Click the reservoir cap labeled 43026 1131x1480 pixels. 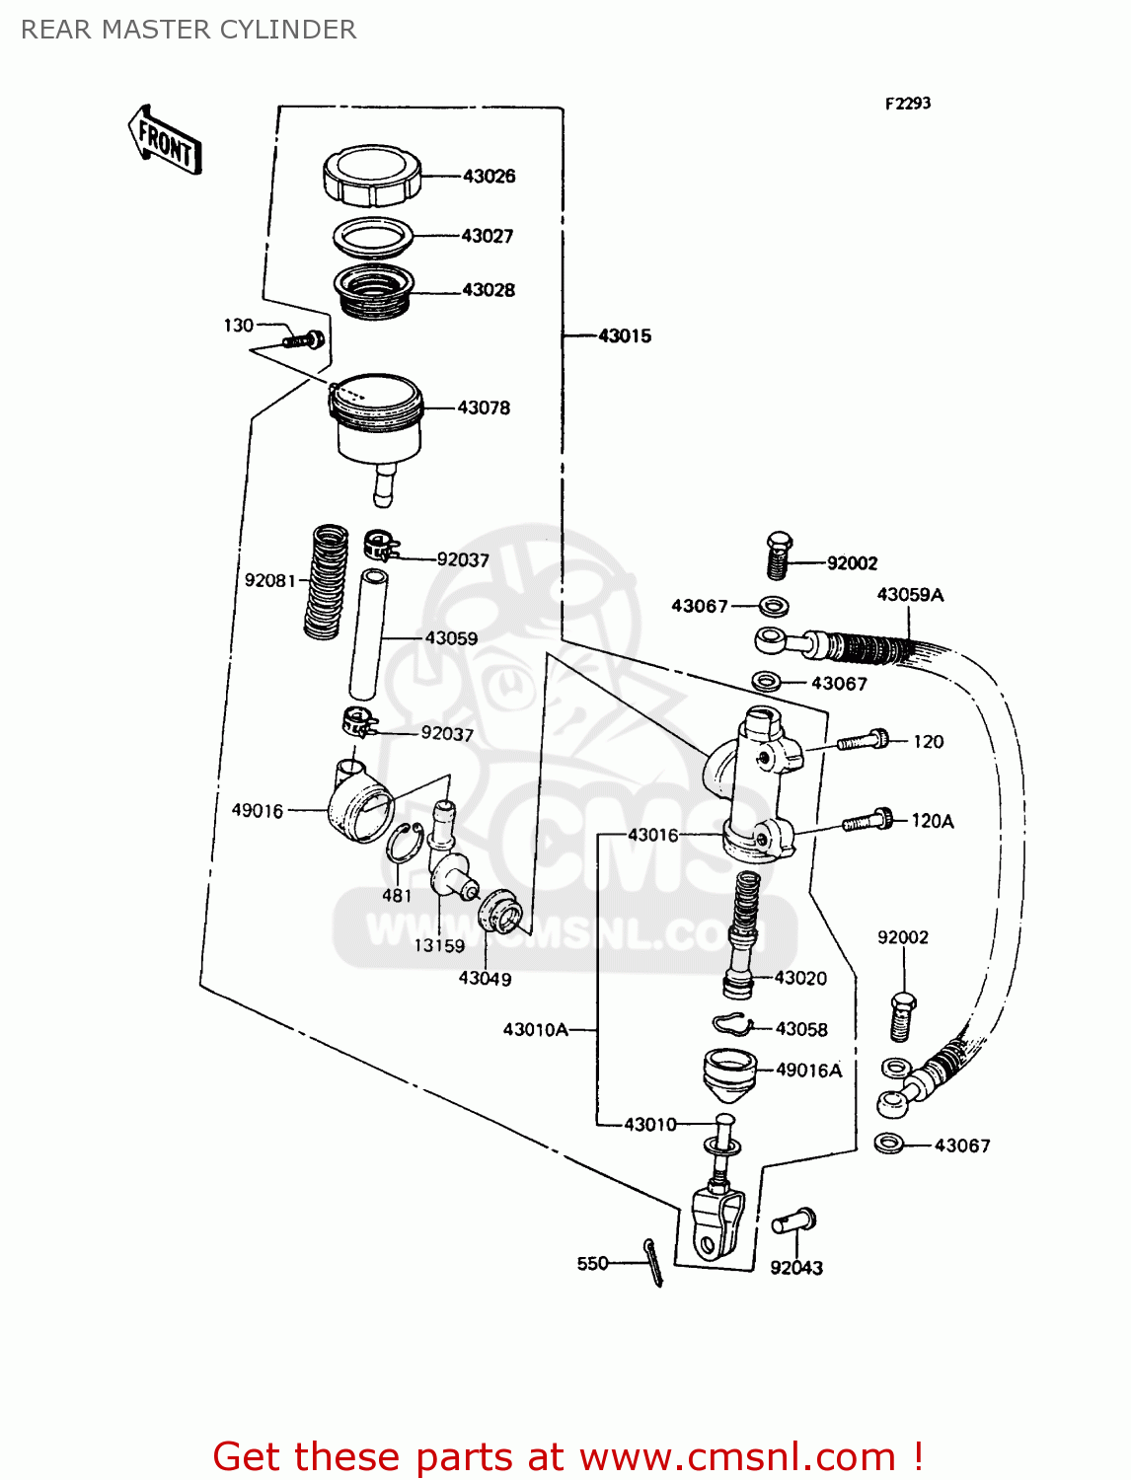click(x=372, y=176)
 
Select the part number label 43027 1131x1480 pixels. click(x=488, y=236)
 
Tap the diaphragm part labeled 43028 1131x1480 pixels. click(x=373, y=290)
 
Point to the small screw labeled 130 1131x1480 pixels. click(x=302, y=340)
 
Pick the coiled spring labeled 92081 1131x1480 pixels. click(x=325, y=581)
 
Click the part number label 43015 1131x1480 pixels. click(x=625, y=336)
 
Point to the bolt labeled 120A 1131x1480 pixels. click(x=867, y=821)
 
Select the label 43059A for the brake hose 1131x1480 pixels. click(x=910, y=595)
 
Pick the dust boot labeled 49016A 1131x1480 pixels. click(x=729, y=1077)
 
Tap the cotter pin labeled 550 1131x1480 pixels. click(x=653, y=1262)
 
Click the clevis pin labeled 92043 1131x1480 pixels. click(x=794, y=1221)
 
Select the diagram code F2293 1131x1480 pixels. click(x=907, y=103)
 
